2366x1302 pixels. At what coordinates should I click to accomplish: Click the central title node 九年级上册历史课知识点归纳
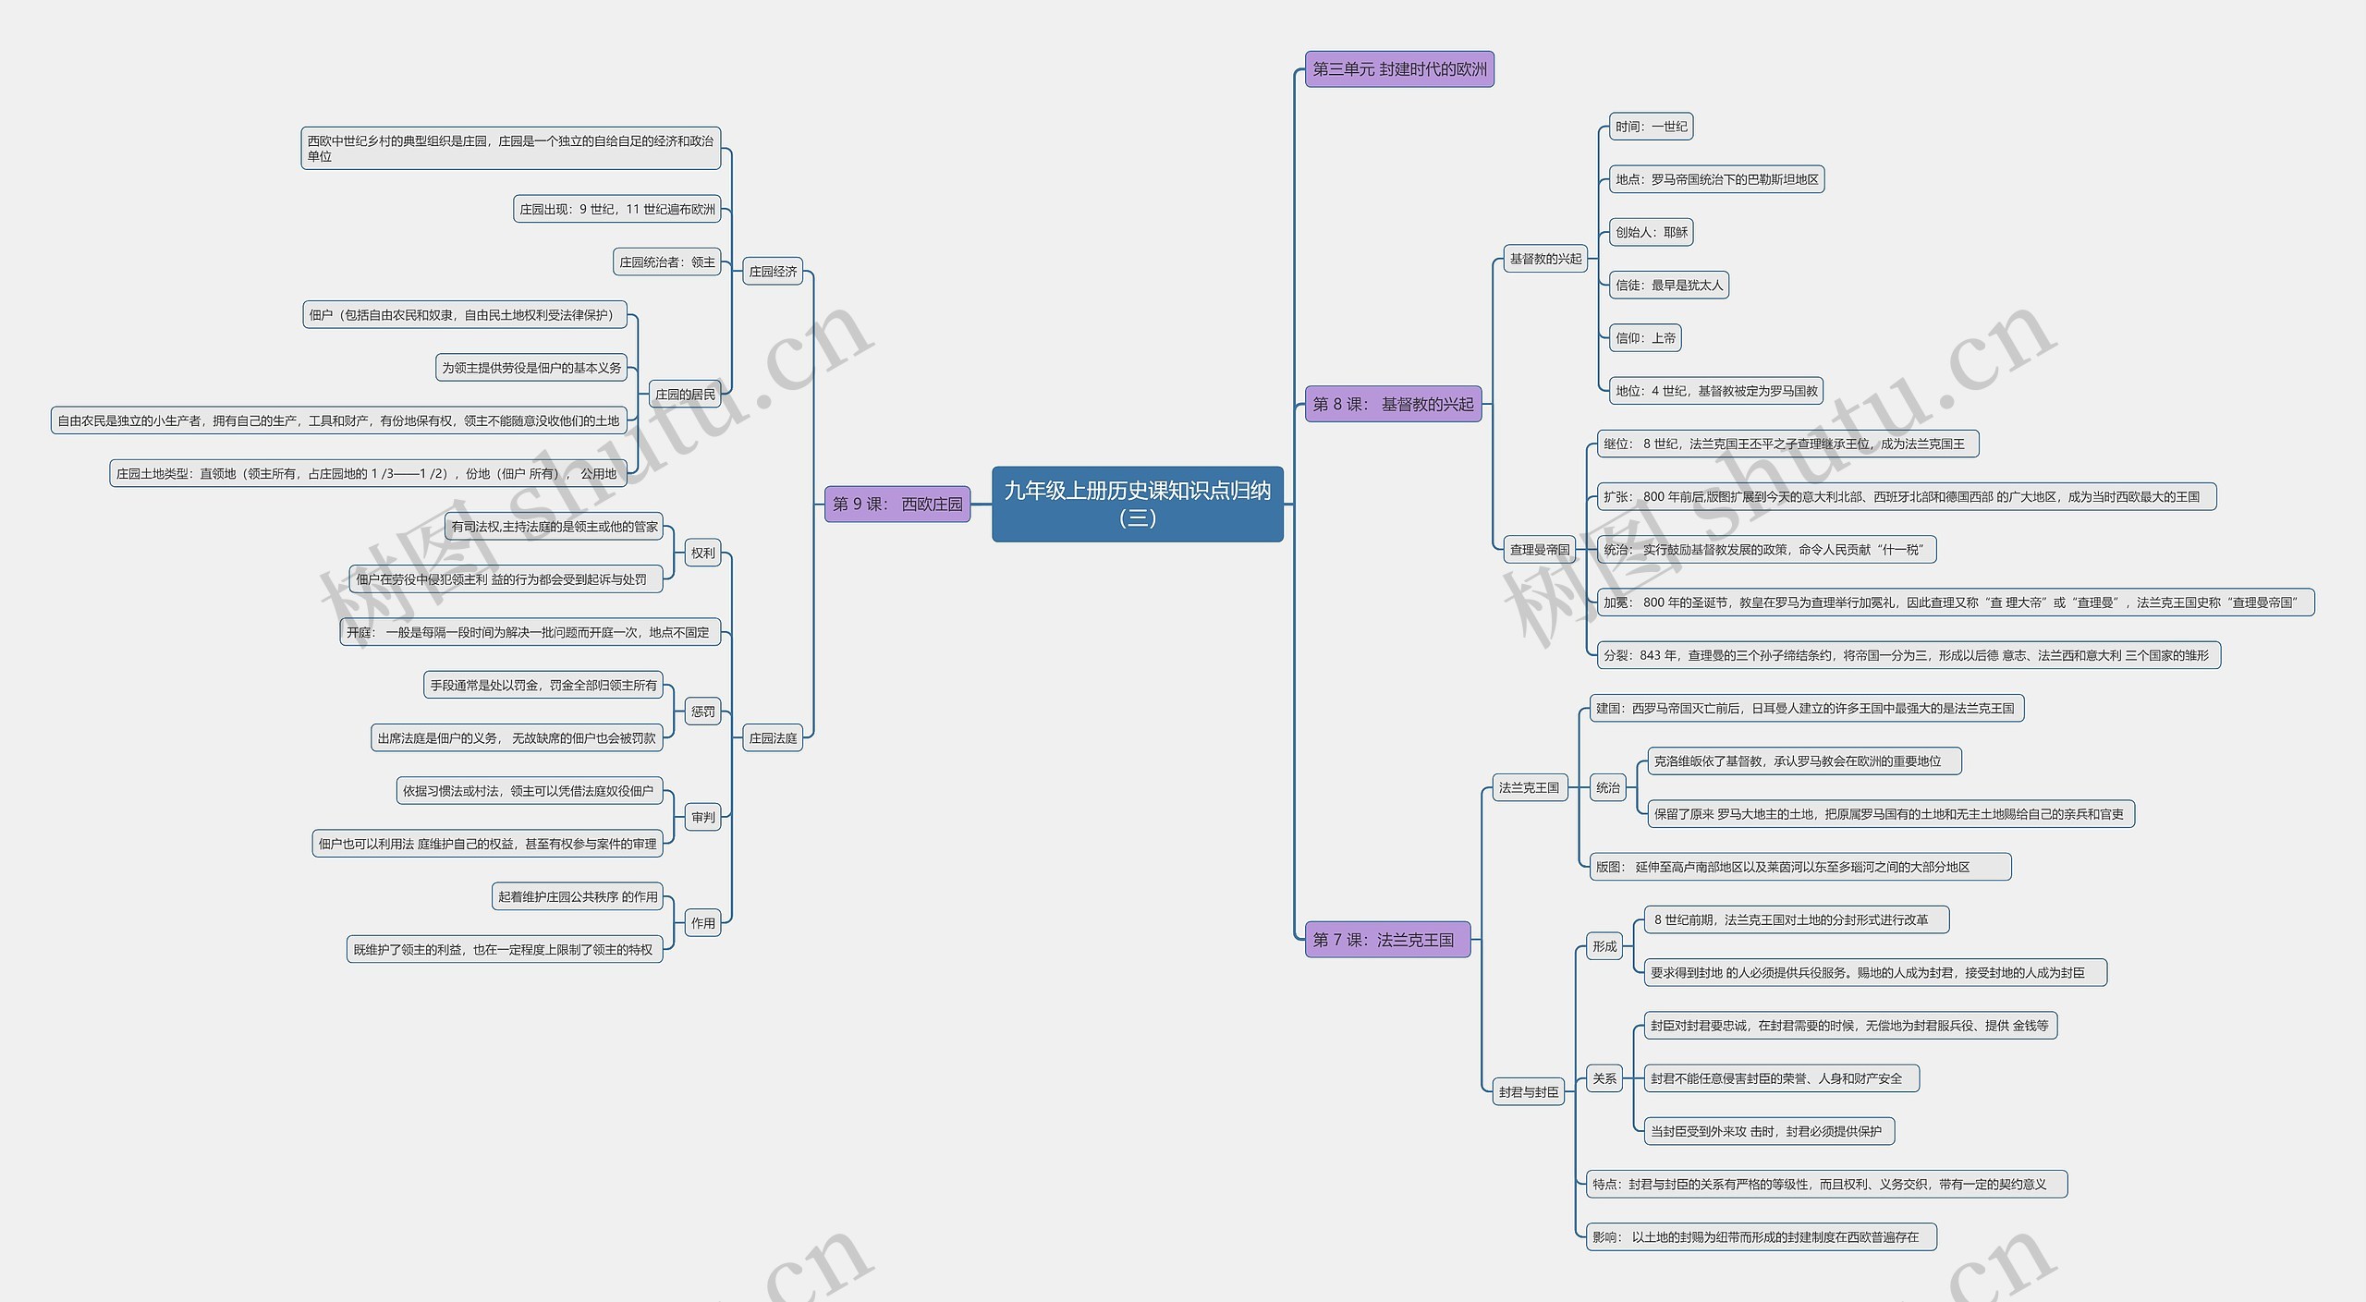coord(1137,504)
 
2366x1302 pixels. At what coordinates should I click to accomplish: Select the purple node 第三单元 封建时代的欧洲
coord(1398,69)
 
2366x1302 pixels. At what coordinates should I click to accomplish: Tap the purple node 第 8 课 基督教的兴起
coord(1393,404)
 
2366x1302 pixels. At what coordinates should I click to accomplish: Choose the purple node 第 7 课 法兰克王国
coord(1386,940)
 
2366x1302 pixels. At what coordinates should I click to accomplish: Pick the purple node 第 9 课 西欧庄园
coord(896,504)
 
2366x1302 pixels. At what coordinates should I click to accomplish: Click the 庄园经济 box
coord(773,272)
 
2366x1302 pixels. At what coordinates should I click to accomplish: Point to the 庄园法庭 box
coord(773,738)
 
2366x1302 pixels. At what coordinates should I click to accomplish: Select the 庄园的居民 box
coord(685,395)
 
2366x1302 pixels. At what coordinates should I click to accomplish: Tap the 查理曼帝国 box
coord(1539,550)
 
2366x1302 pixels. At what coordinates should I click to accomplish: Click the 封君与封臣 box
coord(1529,1092)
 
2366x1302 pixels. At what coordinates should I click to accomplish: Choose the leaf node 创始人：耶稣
coord(1652,233)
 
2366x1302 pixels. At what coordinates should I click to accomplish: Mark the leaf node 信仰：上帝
coord(1645,338)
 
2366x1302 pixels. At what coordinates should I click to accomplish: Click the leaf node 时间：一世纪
coord(1651,127)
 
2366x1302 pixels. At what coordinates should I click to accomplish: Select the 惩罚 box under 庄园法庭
coord(702,712)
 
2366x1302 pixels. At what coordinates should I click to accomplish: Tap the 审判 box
coord(702,817)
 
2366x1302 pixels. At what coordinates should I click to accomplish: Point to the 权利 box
coord(702,554)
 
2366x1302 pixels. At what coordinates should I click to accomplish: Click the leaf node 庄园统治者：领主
coord(666,262)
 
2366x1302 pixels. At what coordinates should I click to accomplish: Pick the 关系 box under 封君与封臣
coord(1604,1078)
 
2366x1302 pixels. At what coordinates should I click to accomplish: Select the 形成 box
coord(1604,946)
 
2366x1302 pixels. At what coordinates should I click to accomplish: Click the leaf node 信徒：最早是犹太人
coord(1669,286)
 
